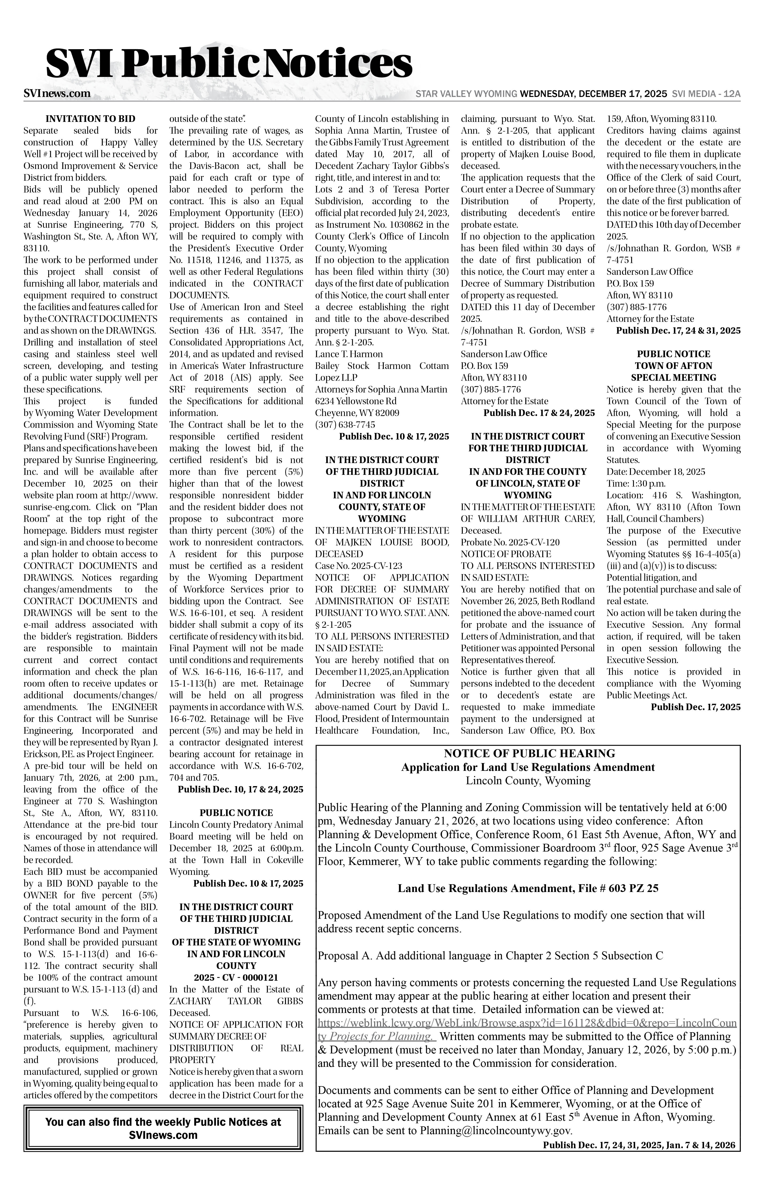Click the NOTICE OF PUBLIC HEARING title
pos(529,754)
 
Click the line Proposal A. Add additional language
pos(490,956)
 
